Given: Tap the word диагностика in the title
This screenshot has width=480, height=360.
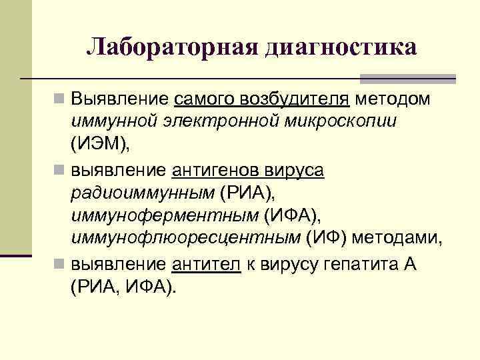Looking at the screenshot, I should point(341,49).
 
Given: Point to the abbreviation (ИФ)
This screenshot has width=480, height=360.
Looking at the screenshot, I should point(327,238).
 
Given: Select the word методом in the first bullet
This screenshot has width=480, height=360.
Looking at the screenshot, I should point(393,99).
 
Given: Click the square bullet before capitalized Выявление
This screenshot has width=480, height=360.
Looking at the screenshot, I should point(59,100).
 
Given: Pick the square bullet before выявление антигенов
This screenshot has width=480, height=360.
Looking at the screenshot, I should point(59,171).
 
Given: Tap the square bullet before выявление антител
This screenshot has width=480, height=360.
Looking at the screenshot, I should point(59,264).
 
